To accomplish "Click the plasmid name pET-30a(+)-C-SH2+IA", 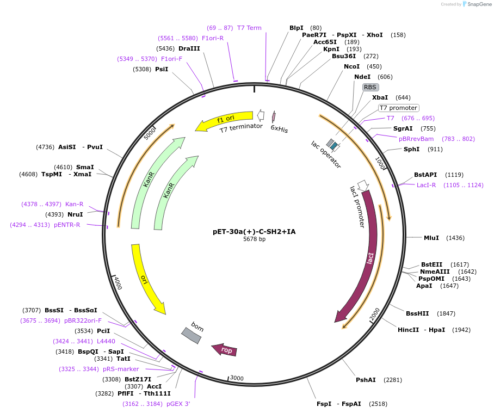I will click(x=254, y=231).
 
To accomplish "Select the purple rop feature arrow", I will click(x=225, y=349).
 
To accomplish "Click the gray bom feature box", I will click(x=192, y=335).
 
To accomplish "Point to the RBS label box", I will click(x=370, y=87).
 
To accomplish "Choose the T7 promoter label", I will click(x=398, y=108).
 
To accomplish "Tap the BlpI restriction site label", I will click(x=297, y=28).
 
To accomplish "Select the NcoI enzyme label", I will click(x=351, y=66).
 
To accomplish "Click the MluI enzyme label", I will click(x=431, y=238).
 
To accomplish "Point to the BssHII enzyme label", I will click(x=417, y=313).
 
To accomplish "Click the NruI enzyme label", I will click(x=75, y=214).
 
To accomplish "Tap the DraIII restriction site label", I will click(x=189, y=48).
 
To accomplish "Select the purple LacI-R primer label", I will click(x=428, y=185).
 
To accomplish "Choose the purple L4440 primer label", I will click(x=106, y=341).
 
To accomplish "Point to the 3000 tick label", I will click(x=237, y=378).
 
